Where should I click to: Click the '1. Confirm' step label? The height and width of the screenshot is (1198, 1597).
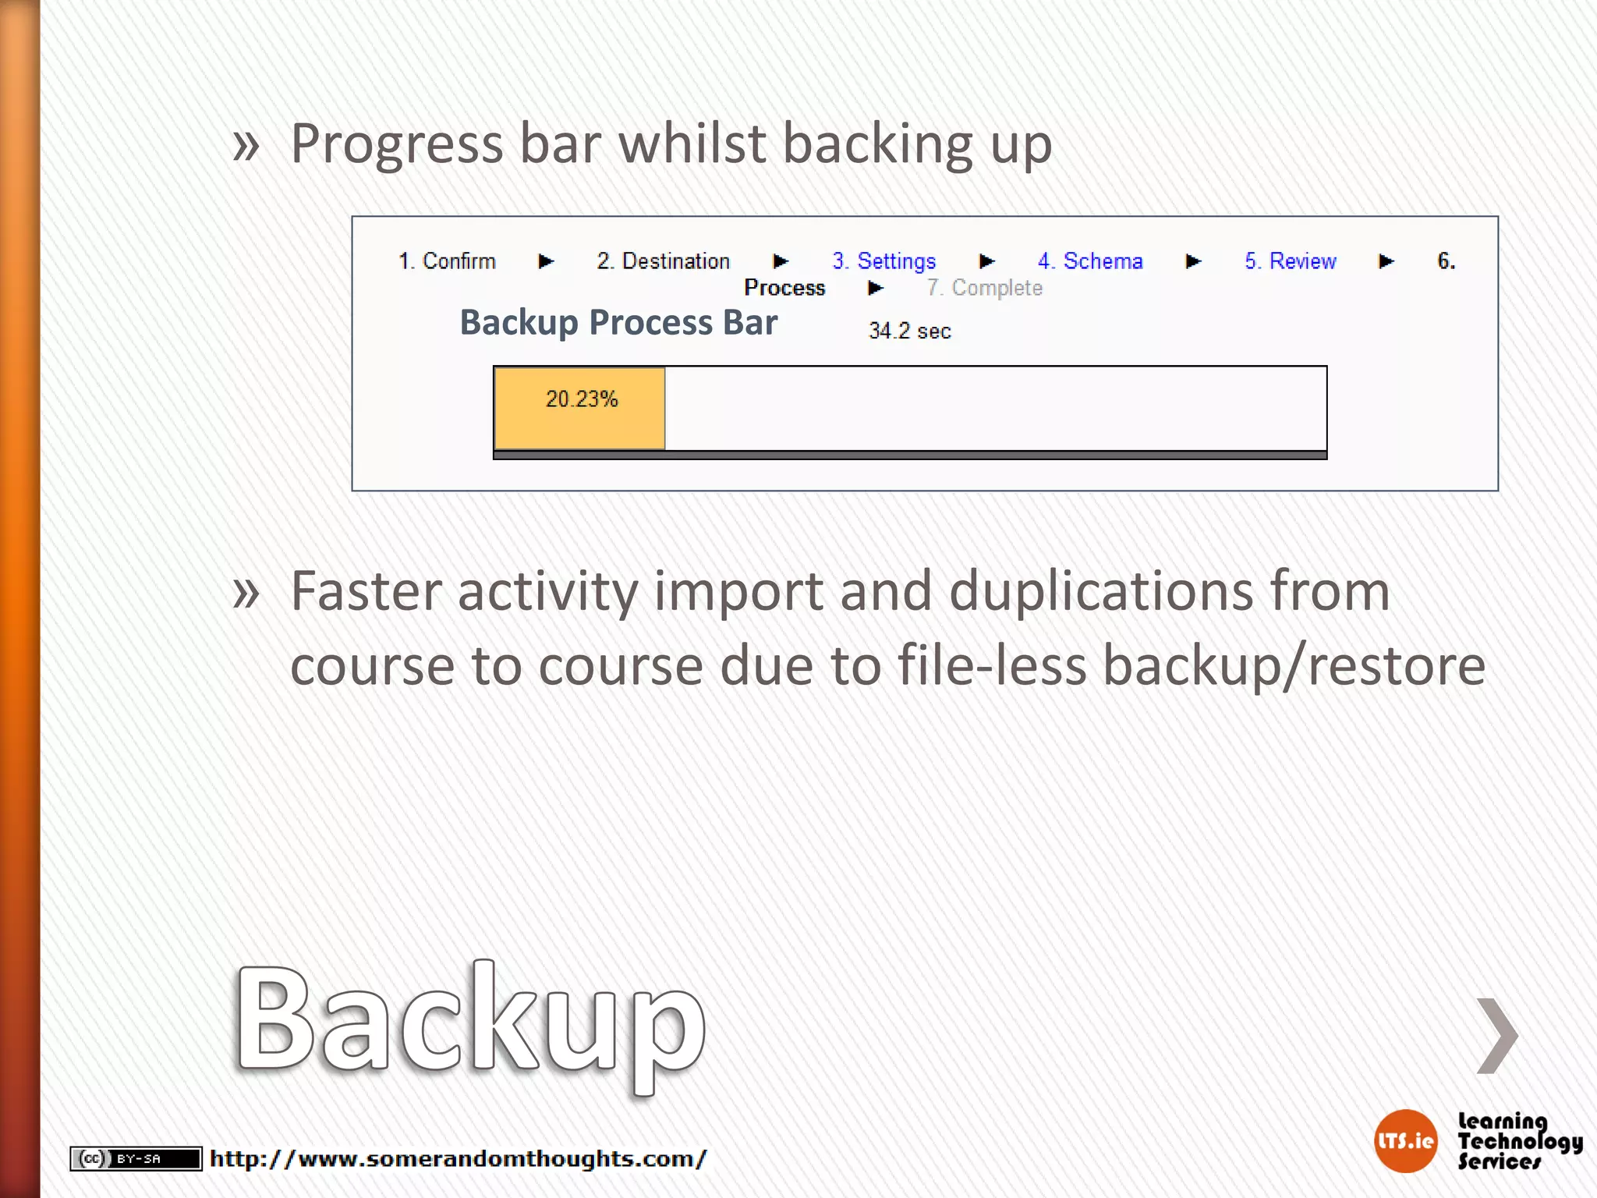coord(447,261)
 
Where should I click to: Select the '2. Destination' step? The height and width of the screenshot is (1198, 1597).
coord(663,261)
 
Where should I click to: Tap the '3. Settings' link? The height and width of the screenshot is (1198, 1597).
coord(883,261)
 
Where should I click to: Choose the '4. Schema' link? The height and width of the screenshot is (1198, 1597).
coord(1090,261)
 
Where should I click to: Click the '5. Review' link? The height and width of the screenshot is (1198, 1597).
coord(1290,261)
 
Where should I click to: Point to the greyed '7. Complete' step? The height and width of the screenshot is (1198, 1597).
coord(984,288)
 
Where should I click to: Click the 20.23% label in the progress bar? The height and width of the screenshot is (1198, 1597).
coord(582,399)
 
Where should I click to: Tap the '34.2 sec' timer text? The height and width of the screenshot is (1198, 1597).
coord(909,331)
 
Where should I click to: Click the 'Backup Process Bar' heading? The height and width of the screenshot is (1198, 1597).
coord(618,323)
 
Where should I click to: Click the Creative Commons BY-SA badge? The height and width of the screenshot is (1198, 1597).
coord(136,1159)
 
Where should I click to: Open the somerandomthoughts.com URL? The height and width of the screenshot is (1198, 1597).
coord(458,1159)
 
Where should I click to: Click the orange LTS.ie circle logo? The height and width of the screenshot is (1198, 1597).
coord(1405,1141)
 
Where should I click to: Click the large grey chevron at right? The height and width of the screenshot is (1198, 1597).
coord(1497,1035)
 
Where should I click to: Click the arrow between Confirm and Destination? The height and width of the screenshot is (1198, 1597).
coord(546,261)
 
